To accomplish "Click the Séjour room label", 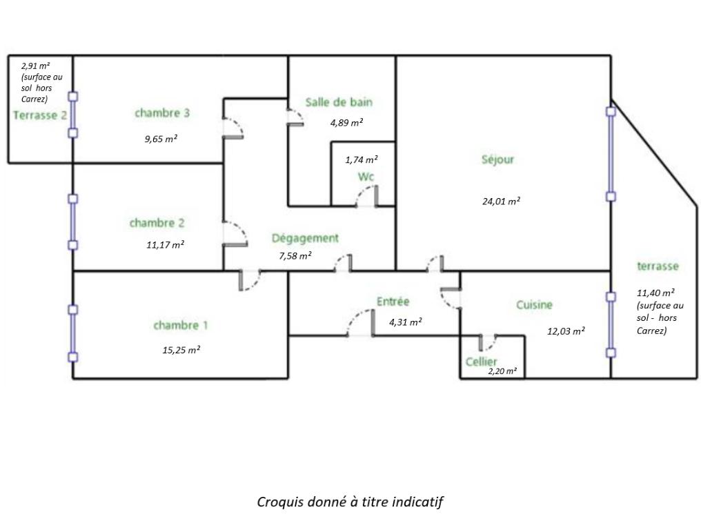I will click(497, 159).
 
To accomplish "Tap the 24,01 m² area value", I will click(501, 202).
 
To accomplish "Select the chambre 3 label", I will click(162, 112).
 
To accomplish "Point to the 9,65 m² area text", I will click(161, 139).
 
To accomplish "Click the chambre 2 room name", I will click(157, 223).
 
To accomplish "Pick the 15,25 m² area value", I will click(181, 350).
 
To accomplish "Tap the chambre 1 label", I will click(180, 325).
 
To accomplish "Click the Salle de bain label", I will click(339, 102).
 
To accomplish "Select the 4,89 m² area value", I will click(346, 123).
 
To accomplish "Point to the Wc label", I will click(366, 177).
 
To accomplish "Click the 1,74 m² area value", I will click(362, 159).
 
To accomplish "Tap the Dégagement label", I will click(305, 238).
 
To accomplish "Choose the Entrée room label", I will click(393, 302).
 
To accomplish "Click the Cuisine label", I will click(534, 304).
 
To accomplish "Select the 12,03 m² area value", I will click(566, 331).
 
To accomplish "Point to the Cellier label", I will click(481, 362).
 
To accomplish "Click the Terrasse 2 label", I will click(40, 115).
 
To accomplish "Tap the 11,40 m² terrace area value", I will click(655, 293).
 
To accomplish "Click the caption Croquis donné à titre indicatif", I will click(350, 502).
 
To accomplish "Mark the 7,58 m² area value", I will click(295, 255).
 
